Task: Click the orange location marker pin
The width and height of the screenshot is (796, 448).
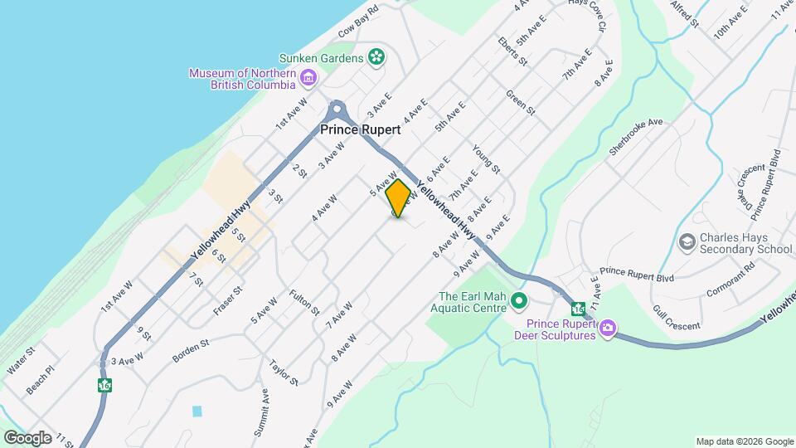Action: [398, 198]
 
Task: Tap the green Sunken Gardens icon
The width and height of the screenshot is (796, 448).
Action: [377, 57]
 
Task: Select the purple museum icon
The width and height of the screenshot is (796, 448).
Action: [308, 79]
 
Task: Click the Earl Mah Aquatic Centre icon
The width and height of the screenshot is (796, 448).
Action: [519, 300]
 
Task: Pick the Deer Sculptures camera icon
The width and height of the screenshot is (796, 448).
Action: [608, 329]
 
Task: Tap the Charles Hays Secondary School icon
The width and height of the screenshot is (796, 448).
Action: [687, 242]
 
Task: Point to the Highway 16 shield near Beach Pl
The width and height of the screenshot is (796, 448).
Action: [104, 385]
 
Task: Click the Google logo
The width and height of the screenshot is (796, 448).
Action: [28, 437]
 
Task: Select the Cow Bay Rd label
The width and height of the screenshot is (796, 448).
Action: [358, 22]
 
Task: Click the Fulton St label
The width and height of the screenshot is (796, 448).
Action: [304, 302]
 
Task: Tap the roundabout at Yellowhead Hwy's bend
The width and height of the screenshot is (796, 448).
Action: [336, 109]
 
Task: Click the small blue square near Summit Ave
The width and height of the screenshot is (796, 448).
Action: [197, 411]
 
